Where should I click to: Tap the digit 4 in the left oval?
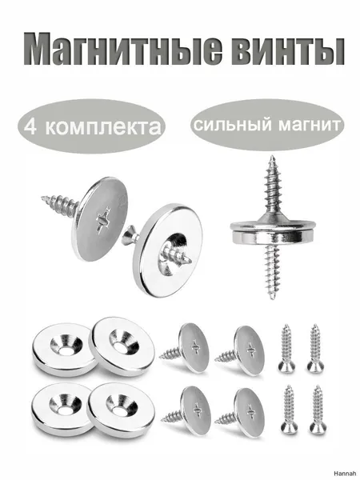click(30, 126)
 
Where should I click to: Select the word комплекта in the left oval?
click(103, 127)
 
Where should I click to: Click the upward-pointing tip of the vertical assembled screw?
click(271, 156)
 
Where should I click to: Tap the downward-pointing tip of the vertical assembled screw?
click(272, 298)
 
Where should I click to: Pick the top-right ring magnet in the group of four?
click(122, 346)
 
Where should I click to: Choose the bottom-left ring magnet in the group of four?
click(62, 409)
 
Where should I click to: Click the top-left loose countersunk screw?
click(287, 349)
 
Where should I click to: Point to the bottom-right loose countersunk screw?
click(317, 410)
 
